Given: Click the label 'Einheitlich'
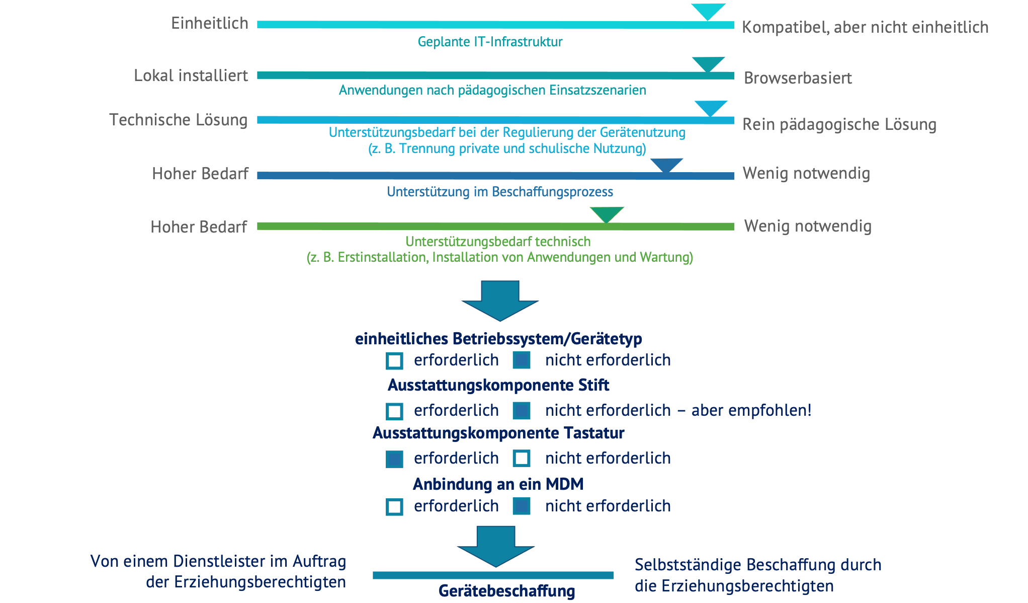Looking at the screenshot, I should pyautogui.click(x=210, y=23).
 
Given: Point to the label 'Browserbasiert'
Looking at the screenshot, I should pyautogui.click(x=798, y=78).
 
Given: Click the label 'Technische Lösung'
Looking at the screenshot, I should pyautogui.click(x=179, y=120).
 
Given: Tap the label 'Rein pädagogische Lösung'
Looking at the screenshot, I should pyautogui.click(x=839, y=124).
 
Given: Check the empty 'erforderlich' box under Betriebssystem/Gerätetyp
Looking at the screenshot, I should pyautogui.click(x=394, y=361).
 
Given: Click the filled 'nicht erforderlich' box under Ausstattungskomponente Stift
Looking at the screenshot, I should pyautogui.click(x=522, y=411).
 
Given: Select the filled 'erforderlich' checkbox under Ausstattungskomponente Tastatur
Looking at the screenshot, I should pyautogui.click(x=394, y=459).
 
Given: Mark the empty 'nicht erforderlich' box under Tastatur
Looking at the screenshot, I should pyautogui.click(x=522, y=459).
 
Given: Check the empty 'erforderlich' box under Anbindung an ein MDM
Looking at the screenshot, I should pyautogui.click(x=394, y=507).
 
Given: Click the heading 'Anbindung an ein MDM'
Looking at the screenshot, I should pyautogui.click(x=498, y=484).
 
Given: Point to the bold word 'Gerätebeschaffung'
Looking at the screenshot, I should pyautogui.click(x=506, y=591).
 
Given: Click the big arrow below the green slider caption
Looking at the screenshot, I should pyautogui.click(x=500, y=300).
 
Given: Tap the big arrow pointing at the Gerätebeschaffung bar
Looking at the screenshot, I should pyautogui.click(x=496, y=546).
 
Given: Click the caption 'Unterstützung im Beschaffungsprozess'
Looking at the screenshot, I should pyautogui.click(x=500, y=192).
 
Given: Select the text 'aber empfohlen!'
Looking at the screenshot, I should pyautogui.click(x=751, y=410).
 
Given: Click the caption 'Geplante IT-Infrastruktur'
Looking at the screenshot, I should pyautogui.click(x=490, y=42).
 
